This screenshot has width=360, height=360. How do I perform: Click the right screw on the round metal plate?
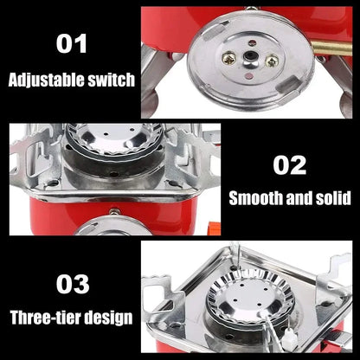tap(271, 61)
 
